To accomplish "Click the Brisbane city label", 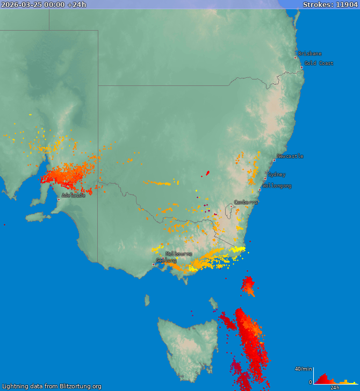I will point(310,54).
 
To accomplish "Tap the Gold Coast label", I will point(319,63).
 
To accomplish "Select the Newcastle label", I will point(290,156).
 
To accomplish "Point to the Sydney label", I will point(277,175).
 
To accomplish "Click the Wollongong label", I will point(277,186).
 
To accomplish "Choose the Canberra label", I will point(246,202).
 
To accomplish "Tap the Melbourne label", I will point(179,254).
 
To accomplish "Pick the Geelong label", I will point(167,260).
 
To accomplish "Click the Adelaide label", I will point(74,195).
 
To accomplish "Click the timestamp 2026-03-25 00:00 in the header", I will point(33,5).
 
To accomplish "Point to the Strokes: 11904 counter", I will point(330,5).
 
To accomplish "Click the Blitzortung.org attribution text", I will point(52,386).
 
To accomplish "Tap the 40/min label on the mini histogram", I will point(303,369).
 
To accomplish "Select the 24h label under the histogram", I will point(335,388).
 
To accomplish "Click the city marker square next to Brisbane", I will point(295,57).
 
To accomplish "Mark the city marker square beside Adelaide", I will point(59,199).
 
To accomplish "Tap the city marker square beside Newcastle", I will point(274,160).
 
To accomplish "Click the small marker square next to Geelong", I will point(153,264).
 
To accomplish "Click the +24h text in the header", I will point(76,5).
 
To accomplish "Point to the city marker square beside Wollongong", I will point(260,190).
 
